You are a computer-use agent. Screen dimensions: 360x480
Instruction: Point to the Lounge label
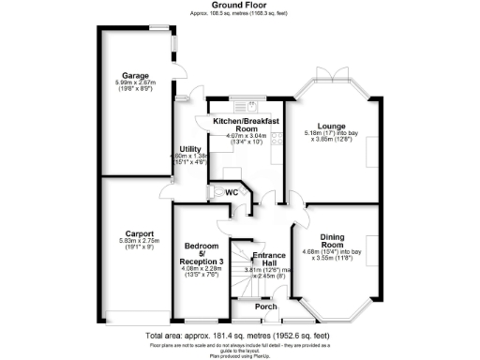(331, 126)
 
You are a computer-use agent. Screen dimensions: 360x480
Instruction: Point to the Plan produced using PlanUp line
(240, 355)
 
